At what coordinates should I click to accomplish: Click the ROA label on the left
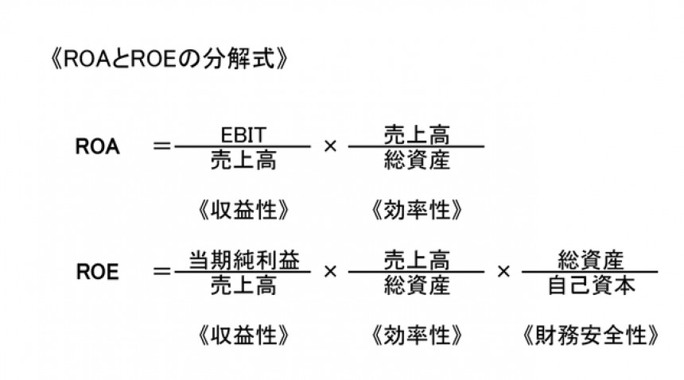98,147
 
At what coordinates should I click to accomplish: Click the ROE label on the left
98,272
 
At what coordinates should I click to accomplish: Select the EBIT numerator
244,132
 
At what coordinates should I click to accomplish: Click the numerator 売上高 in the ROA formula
416,132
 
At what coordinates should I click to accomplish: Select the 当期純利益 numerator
244,258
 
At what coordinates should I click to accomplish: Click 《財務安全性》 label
591,334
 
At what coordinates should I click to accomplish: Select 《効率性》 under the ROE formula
416,334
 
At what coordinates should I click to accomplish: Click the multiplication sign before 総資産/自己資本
503,271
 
